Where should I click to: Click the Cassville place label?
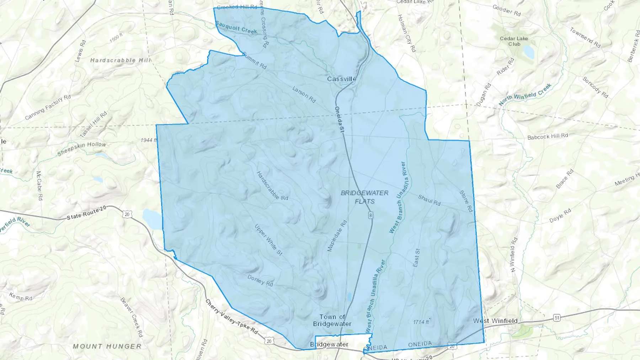coord(342,79)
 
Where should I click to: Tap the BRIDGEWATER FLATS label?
coord(364,197)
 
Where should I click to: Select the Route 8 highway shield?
coord(371,215)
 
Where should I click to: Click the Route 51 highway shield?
coord(557,317)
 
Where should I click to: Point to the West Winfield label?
coord(495,321)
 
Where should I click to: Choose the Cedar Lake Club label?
coord(514,41)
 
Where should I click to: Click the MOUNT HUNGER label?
coord(107,346)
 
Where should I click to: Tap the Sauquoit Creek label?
coord(236,28)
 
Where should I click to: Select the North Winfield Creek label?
coord(525,95)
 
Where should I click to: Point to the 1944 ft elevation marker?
coord(149,140)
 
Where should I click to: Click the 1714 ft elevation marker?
coord(421,322)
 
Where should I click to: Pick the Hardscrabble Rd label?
coord(272,186)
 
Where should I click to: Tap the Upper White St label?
coord(269,240)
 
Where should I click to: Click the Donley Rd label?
coord(260,281)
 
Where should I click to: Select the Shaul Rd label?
coord(429,200)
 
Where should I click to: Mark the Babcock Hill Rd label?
coord(548,136)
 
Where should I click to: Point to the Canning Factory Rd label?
coord(48,107)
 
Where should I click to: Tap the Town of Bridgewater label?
coord(332,320)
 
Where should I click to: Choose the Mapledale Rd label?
coord(337,236)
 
